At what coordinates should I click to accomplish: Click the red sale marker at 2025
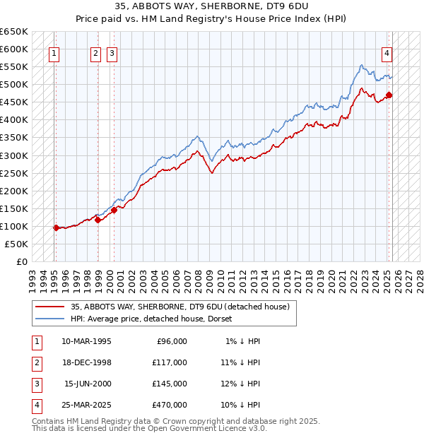[x=389, y=95]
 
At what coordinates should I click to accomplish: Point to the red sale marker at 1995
[x=56, y=227]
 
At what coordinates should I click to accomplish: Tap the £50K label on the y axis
[x=17, y=244]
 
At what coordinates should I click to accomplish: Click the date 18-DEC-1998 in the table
[x=86, y=362]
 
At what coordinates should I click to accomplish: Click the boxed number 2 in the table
[x=35, y=362]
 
